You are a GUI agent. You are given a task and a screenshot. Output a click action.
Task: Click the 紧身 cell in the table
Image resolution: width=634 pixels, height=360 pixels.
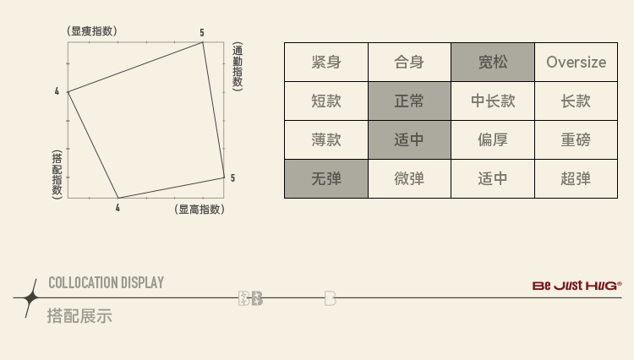click(326, 62)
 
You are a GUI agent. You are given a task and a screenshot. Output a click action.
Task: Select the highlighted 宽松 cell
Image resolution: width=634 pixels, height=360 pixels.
click(493, 62)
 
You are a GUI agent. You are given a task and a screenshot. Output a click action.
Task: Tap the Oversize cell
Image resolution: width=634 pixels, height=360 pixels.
click(576, 62)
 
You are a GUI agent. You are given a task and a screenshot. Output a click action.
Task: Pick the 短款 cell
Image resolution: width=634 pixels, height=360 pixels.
click(326, 101)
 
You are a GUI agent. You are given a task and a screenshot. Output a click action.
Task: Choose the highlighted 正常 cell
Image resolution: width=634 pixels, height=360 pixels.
click(409, 101)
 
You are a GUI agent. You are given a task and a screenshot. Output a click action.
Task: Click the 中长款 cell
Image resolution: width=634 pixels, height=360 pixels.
click(493, 101)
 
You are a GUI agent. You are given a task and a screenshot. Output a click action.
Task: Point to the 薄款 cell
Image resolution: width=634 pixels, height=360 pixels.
click(326, 139)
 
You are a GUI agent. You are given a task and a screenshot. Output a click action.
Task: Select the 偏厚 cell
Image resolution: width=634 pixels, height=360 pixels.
click(493, 139)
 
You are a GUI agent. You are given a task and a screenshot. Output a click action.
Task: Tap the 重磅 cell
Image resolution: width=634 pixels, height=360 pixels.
click(576, 139)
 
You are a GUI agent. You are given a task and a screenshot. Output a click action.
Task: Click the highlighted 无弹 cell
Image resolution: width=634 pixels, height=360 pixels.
click(326, 178)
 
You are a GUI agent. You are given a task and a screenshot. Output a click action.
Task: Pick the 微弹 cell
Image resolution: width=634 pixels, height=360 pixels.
click(409, 178)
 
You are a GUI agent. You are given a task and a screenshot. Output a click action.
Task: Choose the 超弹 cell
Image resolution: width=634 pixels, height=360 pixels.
click(576, 178)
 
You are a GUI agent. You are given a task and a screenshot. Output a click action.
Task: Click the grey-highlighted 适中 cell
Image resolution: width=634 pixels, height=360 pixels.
click(409, 139)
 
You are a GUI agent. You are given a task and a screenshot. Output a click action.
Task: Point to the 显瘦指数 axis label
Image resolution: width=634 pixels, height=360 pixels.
click(92, 31)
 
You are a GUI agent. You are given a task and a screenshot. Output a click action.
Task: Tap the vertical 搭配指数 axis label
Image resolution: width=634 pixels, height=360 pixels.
click(57, 173)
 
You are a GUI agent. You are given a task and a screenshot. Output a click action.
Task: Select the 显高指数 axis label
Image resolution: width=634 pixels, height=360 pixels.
click(199, 209)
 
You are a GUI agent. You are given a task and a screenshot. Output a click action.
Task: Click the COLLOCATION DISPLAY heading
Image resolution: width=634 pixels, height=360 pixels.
click(106, 282)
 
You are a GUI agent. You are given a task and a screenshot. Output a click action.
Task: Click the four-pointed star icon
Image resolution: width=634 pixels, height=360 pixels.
click(30, 297)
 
